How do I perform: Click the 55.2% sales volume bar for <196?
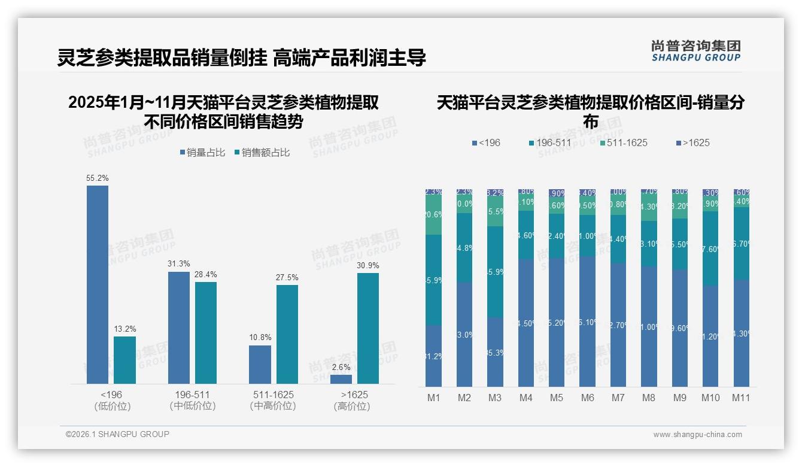[x=98, y=284]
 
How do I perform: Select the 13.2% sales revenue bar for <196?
[x=124, y=360]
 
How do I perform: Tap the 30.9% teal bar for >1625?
[x=368, y=328]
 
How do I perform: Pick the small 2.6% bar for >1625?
[x=341, y=379]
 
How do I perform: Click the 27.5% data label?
[x=287, y=278]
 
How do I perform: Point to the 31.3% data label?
[x=179, y=264]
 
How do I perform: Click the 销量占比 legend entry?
[x=202, y=153]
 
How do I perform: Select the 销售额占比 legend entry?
[x=262, y=153]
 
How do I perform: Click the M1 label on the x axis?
[x=434, y=398]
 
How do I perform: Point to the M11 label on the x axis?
[x=741, y=398]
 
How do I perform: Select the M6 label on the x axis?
[x=587, y=398]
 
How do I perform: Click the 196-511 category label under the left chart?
[x=192, y=395]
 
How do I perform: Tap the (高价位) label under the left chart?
[x=352, y=406]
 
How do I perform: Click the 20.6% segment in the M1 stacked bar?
[x=434, y=215]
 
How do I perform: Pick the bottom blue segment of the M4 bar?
[x=526, y=323]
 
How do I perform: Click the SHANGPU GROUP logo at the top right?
[x=695, y=51]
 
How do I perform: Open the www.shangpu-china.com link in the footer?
[x=697, y=435]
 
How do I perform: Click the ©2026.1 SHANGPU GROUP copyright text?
[x=117, y=434]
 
